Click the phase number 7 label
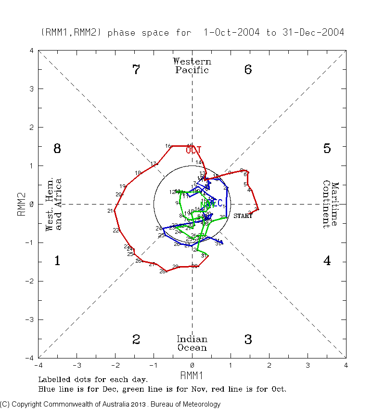coord(136,70)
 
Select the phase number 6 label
coord(248,70)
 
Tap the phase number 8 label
coord(57,149)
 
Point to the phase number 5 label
coord(327,149)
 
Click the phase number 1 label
coord(57,261)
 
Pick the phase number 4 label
coord(327,261)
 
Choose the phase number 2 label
coord(136,340)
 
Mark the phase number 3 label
coord(248,340)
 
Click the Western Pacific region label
coord(192,66)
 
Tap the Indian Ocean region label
coord(192,344)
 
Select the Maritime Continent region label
coord(331,204)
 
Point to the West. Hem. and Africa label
coord(54,204)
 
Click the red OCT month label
coord(193,150)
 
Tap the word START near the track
coord(243,216)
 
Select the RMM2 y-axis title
coord(22,204)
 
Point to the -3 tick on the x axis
coord(77,365)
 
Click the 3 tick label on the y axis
coord(32,89)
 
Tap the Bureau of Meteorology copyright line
coord(110,404)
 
